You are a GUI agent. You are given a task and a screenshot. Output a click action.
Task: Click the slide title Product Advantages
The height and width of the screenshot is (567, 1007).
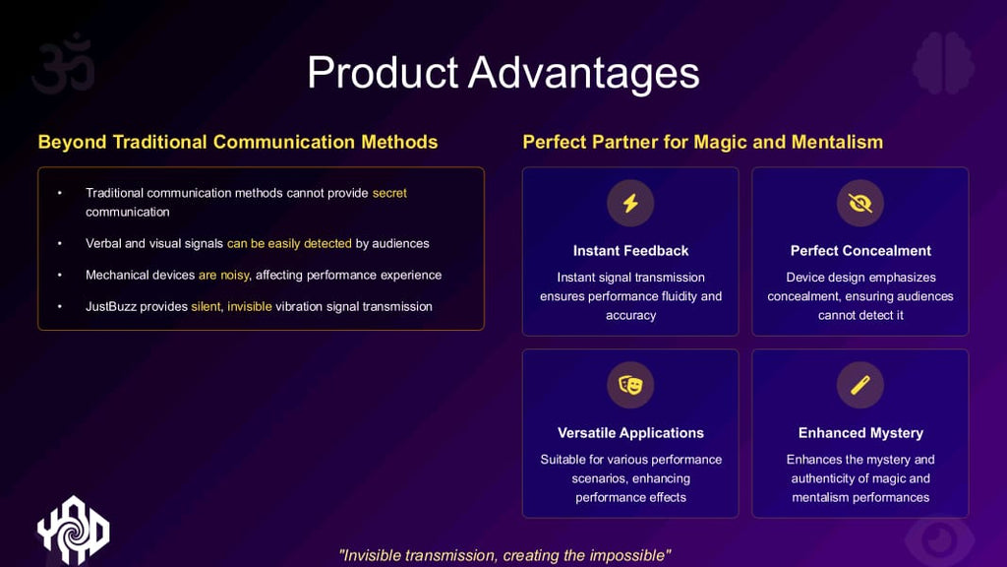click(503, 73)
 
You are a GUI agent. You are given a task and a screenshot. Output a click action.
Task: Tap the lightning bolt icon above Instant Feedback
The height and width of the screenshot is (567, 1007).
click(630, 203)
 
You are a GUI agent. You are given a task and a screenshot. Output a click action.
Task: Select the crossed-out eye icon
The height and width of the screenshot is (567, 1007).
click(859, 203)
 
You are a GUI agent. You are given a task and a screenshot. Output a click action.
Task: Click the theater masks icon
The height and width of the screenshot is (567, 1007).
click(630, 385)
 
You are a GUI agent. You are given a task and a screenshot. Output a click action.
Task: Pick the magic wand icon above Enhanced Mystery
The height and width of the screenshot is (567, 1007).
click(859, 385)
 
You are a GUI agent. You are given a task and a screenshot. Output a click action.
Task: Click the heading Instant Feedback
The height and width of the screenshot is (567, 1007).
click(630, 251)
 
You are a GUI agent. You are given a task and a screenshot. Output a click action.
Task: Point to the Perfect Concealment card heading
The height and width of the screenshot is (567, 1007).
click(860, 251)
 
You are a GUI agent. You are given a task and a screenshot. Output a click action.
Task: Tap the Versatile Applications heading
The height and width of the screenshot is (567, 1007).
click(630, 433)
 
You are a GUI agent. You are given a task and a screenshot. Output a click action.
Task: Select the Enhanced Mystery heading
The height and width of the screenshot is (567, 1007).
click(860, 433)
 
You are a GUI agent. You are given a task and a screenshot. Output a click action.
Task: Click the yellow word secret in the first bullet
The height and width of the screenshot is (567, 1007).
click(389, 193)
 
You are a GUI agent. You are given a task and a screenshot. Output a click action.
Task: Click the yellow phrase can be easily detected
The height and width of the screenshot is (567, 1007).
click(289, 244)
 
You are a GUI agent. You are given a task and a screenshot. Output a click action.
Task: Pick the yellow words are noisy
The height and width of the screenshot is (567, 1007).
click(223, 276)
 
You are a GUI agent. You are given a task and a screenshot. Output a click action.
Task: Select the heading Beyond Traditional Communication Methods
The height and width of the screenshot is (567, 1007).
click(238, 142)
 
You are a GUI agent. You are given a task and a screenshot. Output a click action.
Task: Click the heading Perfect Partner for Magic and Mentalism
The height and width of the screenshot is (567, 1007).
click(702, 142)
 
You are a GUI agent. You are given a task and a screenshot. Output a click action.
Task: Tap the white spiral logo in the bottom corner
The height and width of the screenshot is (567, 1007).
click(73, 531)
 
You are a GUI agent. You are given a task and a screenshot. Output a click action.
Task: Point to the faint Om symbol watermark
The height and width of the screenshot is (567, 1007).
click(63, 63)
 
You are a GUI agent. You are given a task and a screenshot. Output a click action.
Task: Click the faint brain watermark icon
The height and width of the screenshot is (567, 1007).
click(943, 63)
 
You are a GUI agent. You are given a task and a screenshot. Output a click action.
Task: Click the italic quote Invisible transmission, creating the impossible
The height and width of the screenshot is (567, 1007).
click(504, 555)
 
